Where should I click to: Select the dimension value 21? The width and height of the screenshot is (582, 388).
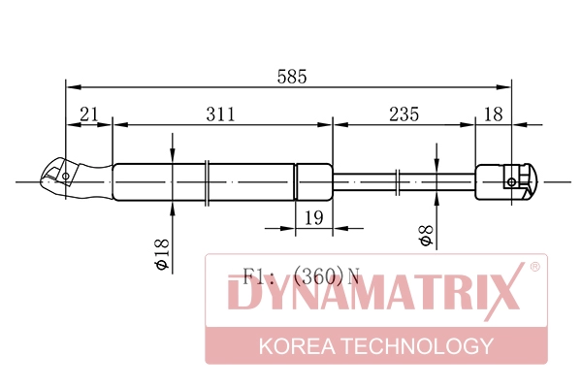[89, 114]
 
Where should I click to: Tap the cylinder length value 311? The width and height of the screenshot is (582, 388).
[220, 114]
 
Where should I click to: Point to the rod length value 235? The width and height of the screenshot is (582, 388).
[403, 114]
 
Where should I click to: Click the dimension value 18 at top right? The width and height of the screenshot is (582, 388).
[493, 114]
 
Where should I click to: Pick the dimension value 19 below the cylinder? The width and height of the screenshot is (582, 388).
[312, 219]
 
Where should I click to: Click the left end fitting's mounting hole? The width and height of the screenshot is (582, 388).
[65, 177]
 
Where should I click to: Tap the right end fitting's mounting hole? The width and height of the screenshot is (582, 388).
[511, 181]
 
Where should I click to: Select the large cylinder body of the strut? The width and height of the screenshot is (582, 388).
[204, 181]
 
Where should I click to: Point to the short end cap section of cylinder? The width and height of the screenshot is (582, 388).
[312, 181]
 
